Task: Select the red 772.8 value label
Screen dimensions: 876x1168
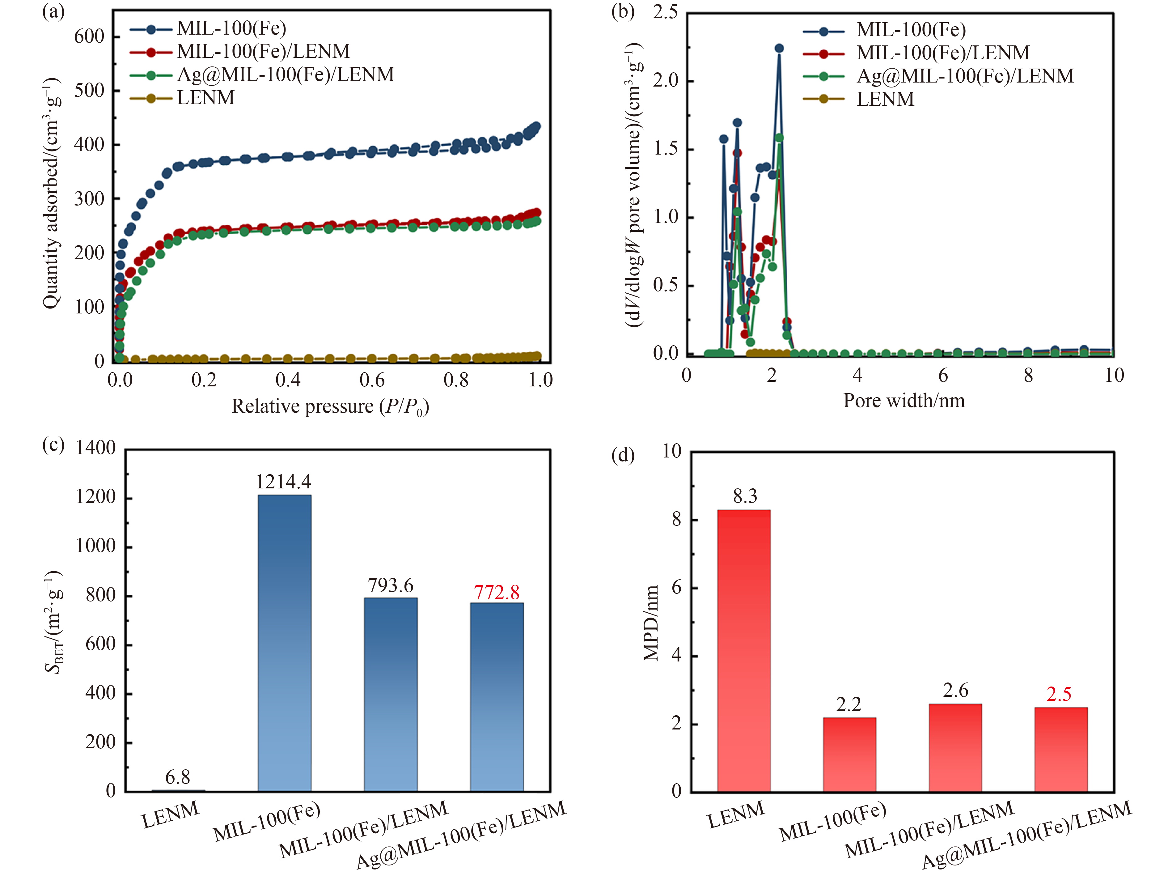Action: click(x=496, y=593)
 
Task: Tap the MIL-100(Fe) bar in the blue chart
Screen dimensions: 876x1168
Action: click(x=285, y=642)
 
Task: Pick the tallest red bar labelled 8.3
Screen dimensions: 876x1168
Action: click(x=743, y=650)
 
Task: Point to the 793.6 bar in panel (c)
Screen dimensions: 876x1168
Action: click(x=391, y=694)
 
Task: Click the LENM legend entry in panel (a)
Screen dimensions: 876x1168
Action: click(x=205, y=98)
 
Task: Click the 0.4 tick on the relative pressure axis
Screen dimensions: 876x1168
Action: click(x=288, y=380)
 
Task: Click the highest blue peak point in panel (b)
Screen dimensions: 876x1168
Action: click(x=779, y=48)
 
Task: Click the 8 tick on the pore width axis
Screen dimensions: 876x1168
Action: click(x=1028, y=376)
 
